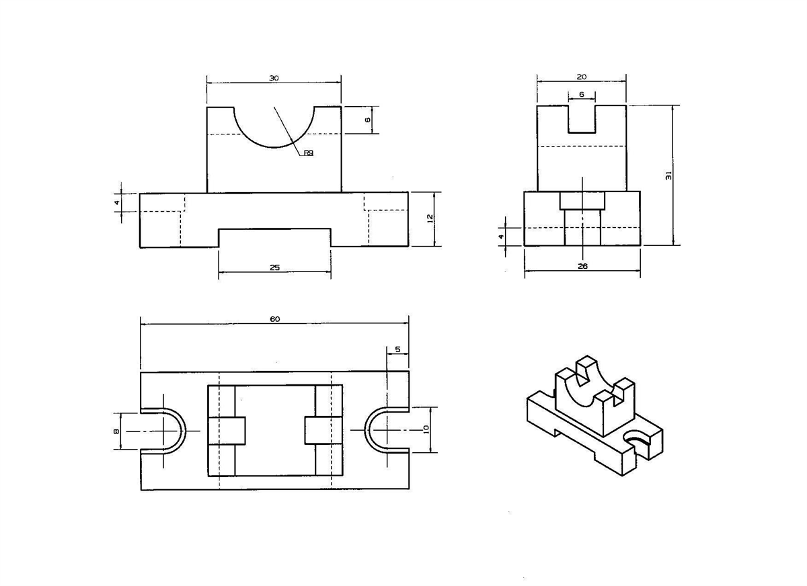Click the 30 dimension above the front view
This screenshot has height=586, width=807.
coord(274,78)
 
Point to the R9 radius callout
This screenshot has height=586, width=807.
coord(308,153)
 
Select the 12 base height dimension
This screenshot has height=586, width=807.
coord(430,218)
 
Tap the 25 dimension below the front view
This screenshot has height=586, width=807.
coord(274,267)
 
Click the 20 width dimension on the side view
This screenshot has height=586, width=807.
coord(581,77)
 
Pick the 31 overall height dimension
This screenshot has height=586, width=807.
coord(668,175)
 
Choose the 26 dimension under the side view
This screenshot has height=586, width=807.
coord(582,266)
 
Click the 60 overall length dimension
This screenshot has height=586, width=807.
coord(274,319)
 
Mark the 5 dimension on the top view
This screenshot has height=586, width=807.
coord(397,349)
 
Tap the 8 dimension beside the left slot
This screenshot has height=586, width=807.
coord(116,431)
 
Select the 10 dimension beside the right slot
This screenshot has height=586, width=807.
coord(426,429)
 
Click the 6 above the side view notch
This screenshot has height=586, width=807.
coord(582,95)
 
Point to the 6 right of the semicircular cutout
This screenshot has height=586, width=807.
coord(367,120)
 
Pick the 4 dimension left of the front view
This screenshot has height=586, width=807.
coord(116,202)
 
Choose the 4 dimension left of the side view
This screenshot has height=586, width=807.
coord(500,237)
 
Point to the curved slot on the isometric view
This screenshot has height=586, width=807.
coord(637,438)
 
